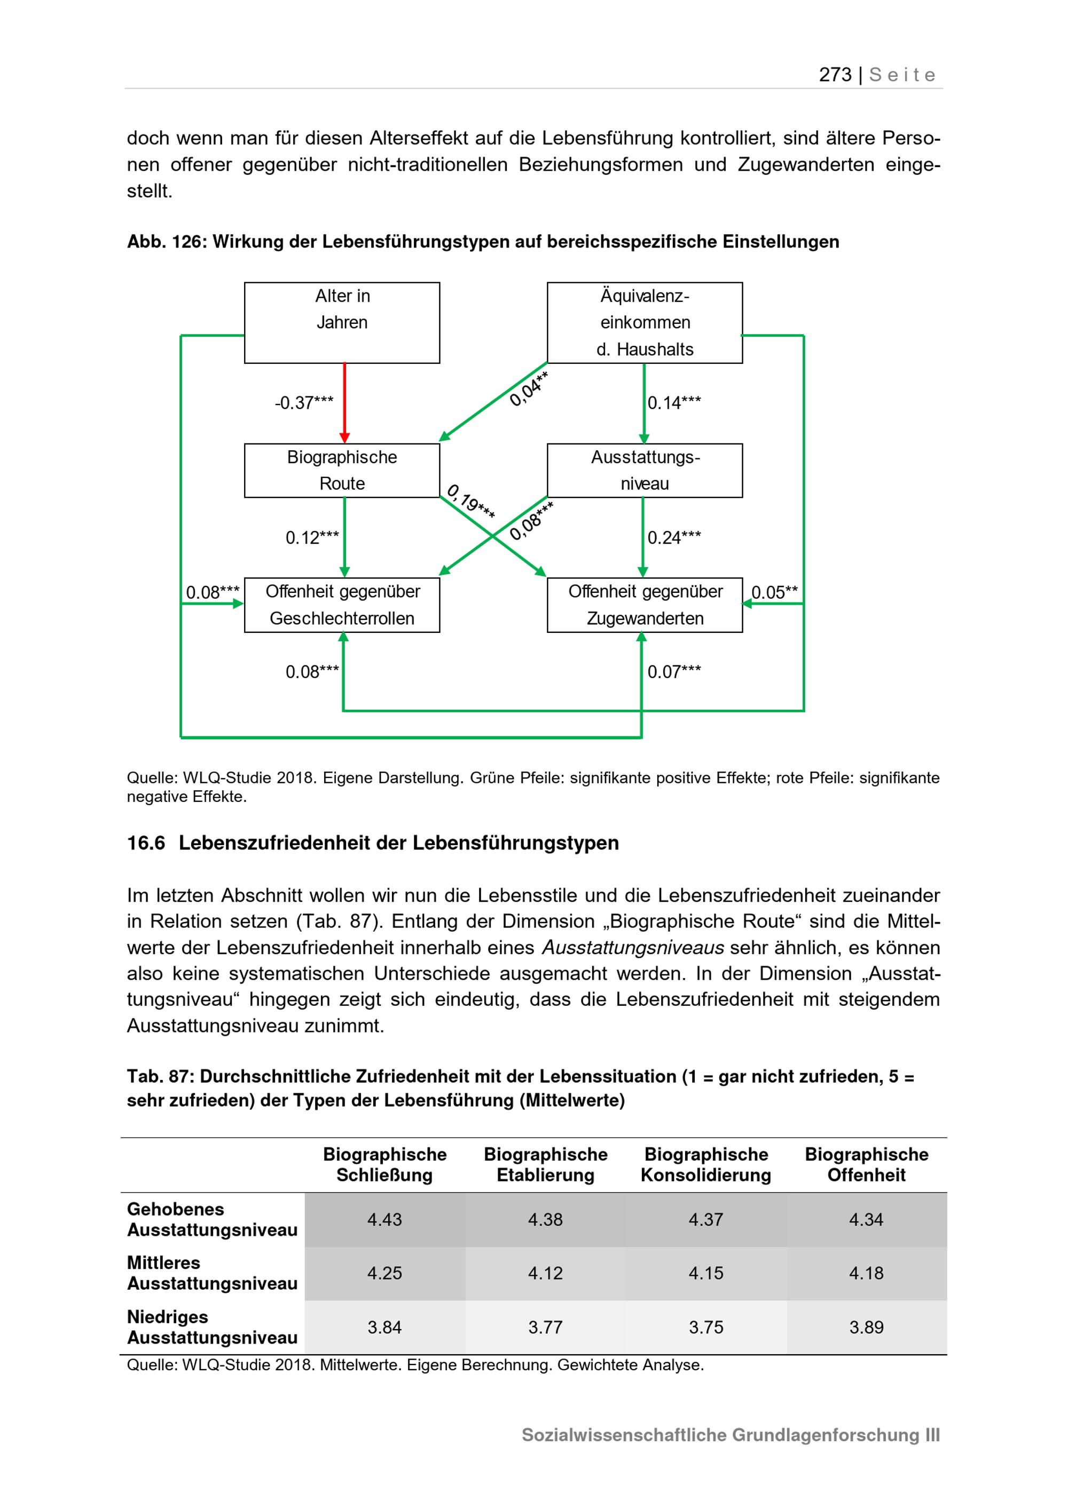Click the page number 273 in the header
pyautogui.click(x=835, y=75)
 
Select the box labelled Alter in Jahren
pyautogui.click(x=342, y=323)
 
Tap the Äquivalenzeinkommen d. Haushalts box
pyautogui.click(x=645, y=323)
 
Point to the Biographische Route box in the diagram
pyautogui.click(x=342, y=471)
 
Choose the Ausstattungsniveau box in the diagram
pyautogui.click(x=645, y=471)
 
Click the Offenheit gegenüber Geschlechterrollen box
pyautogui.click(x=342, y=605)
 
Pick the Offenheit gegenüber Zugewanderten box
pyautogui.click(x=645, y=605)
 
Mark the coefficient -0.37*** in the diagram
pyautogui.click(x=304, y=403)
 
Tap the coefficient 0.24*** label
pyautogui.click(x=674, y=538)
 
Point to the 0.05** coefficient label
pyautogui.click(x=775, y=592)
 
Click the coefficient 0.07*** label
pyautogui.click(x=674, y=672)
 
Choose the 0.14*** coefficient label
pyautogui.click(x=674, y=403)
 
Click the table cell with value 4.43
pyautogui.click(x=384, y=1220)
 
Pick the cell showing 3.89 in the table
pyautogui.click(x=866, y=1327)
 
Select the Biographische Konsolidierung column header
pyautogui.click(x=705, y=1165)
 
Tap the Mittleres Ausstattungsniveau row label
pyautogui.click(x=212, y=1273)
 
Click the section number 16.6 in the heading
pyautogui.click(x=145, y=843)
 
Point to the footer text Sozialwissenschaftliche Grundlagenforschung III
pyautogui.click(x=730, y=1435)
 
